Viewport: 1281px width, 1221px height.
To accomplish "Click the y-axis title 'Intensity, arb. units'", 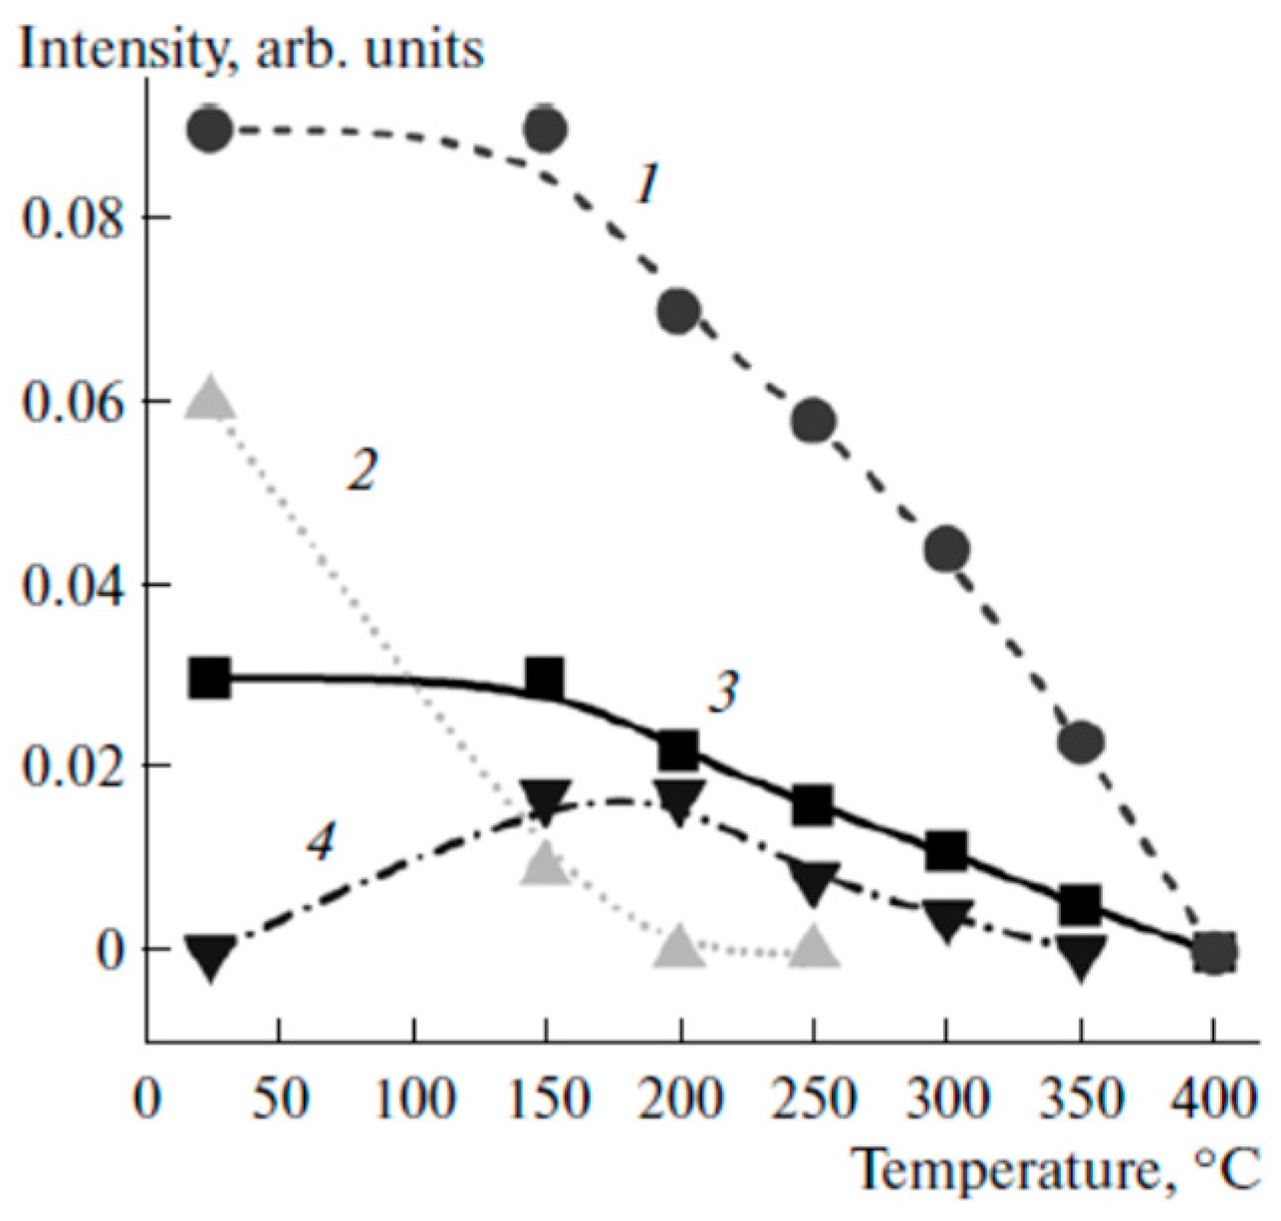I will (x=251, y=48).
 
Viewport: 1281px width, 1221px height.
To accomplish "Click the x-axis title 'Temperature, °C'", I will (x=1056, y=1169).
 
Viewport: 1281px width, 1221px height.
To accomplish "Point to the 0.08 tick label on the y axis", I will (x=75, y=217).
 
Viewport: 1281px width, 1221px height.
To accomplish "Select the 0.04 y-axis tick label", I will (x=75, y=584).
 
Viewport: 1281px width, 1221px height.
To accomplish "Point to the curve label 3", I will (x=724, y=691).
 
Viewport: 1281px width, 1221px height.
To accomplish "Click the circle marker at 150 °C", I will (x=545, y=129).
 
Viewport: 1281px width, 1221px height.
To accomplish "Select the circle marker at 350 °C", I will (x=1081, y=742).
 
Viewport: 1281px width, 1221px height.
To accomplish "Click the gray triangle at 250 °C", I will (x=815, y=947).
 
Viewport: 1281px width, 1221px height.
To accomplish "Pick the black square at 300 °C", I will (x=946, y=851).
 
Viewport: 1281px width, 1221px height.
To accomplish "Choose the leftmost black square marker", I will (x=210, y=679).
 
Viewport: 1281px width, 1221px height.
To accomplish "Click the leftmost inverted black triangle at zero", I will (x=210, y=957).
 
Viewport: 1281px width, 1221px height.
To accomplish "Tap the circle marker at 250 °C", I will (x=814, y=422).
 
